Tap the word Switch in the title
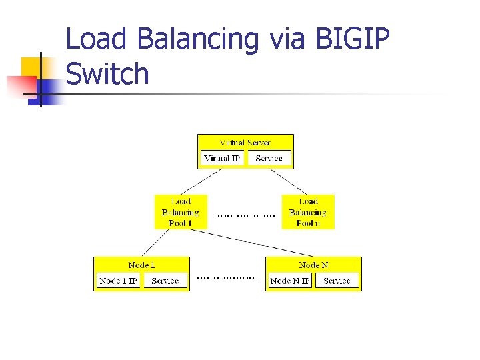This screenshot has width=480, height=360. (107, 73)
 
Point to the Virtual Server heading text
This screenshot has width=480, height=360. (245, 143)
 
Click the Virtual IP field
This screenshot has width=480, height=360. (222, 159)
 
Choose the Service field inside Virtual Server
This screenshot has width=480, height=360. (269, 159)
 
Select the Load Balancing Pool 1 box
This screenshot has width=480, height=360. (181, 212)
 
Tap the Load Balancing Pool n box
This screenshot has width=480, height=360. (308, 212)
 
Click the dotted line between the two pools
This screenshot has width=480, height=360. (245, 216)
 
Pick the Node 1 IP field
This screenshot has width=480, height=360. (118, 281)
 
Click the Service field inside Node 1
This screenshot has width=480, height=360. (165, 281)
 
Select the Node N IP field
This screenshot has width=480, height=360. (290, 281)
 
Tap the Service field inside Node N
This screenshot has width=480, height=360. (337, 281)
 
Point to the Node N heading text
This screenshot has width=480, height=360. (313, 265)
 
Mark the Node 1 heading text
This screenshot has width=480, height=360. (141, 265)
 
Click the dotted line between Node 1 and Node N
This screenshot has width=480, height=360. (227, 277)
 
